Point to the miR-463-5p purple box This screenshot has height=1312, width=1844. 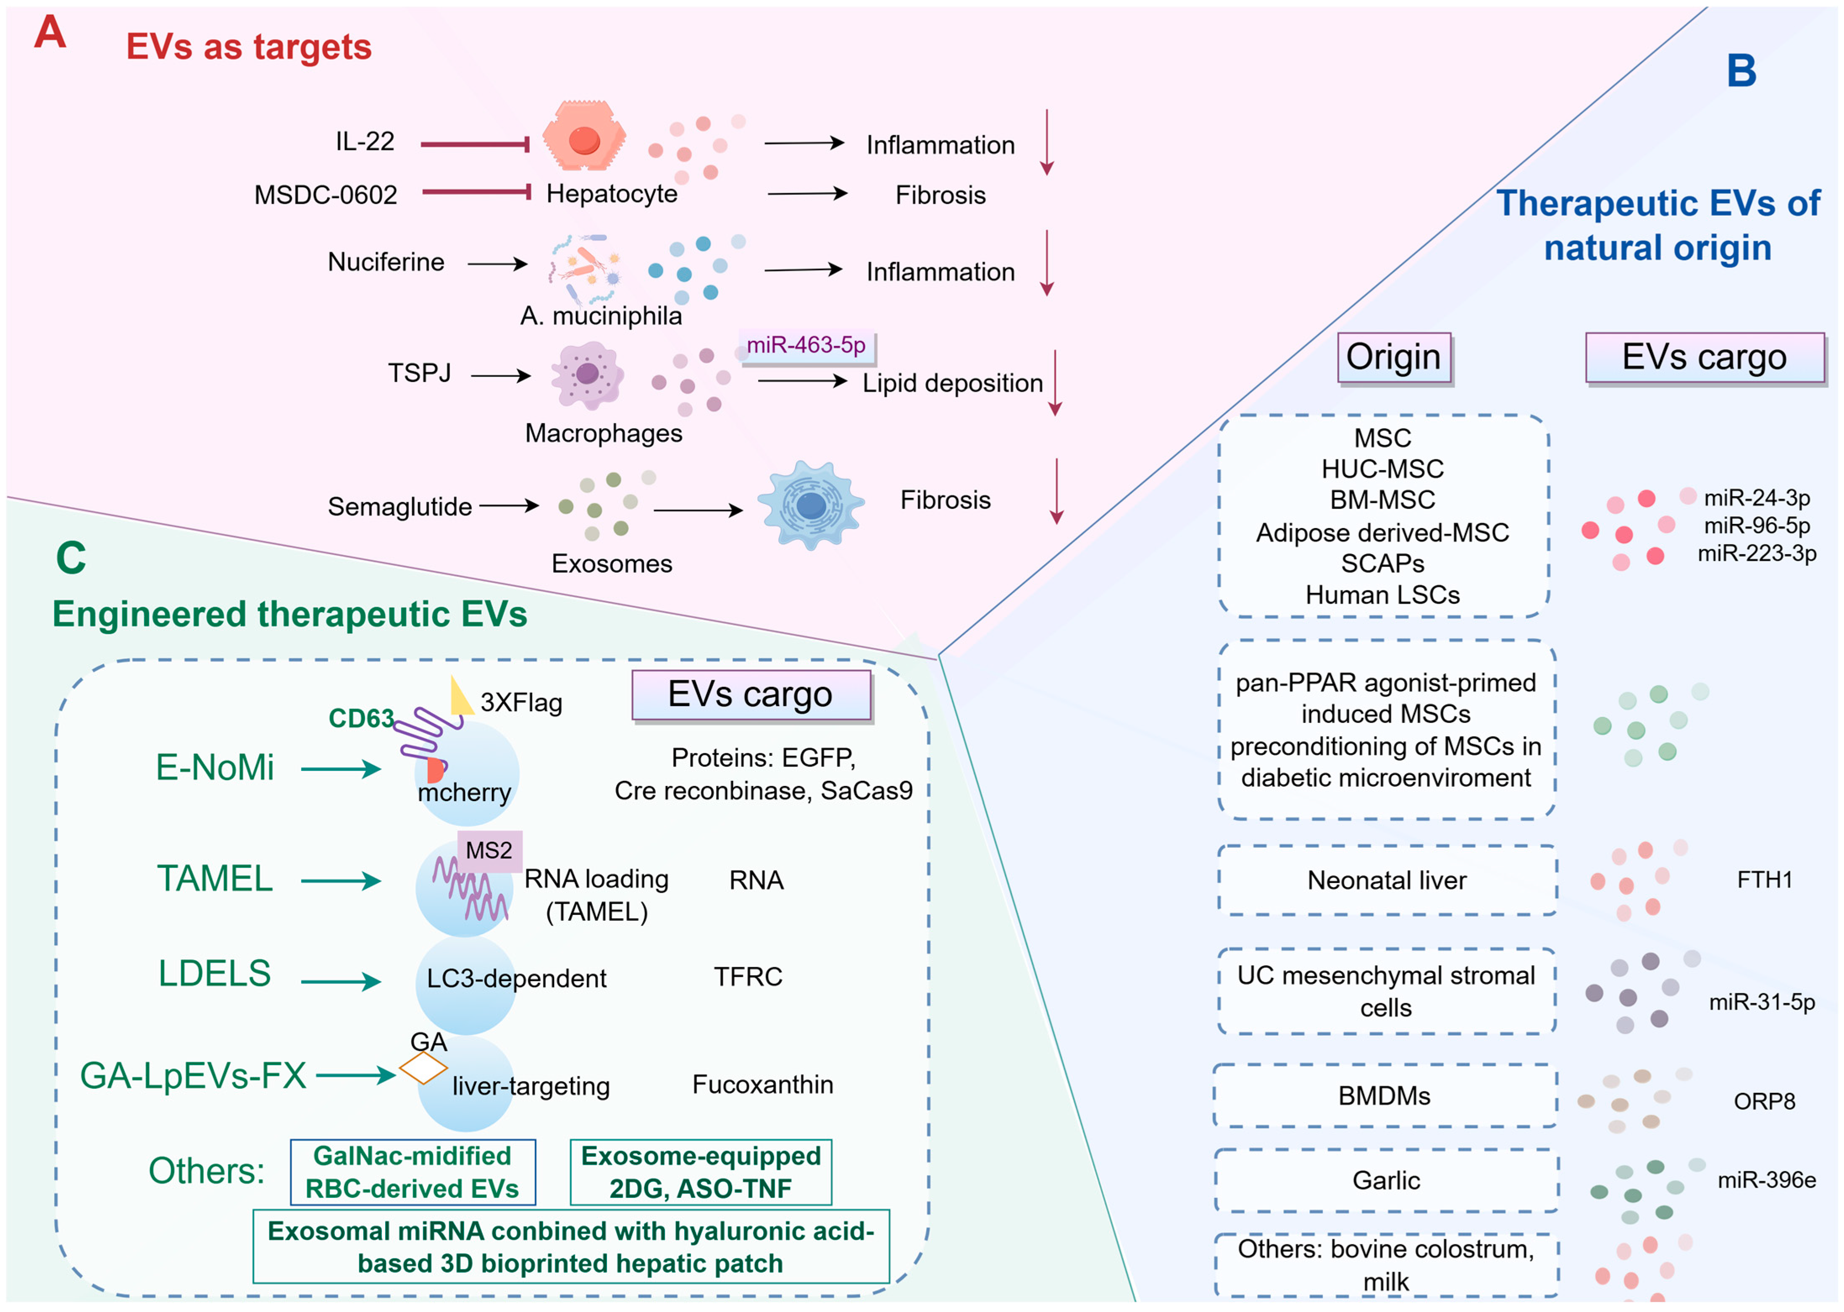click(x=806, y=346)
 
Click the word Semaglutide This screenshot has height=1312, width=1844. click(x=400, y=507)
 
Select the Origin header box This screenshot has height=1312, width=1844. click(x=1393, y=357)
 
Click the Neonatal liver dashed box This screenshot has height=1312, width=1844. click(x=1387, y=880)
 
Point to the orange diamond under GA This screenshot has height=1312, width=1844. click(x=423, y=1068)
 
